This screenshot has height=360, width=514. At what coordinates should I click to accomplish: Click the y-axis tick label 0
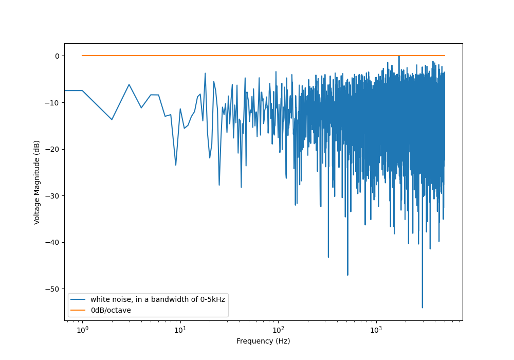click(58, 56)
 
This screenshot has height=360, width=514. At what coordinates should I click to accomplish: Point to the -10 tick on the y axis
click(53, 102)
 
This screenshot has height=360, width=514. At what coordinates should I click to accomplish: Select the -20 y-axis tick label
click(53, 149)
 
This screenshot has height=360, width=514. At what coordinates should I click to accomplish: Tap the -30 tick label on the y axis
click(53, 195)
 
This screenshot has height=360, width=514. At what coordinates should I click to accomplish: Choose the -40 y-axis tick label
click(53, 242)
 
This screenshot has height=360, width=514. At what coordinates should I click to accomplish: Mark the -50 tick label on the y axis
click(53, 289)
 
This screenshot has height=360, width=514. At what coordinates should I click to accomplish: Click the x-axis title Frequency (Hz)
click(263, 341)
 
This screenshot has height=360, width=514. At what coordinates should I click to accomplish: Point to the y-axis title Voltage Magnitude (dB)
click(37, 182)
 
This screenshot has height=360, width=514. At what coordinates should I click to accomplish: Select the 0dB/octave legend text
click(111, 310)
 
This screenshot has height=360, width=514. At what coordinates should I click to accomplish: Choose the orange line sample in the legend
click(79, 310)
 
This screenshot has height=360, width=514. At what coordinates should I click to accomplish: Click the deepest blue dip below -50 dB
click(423, 308)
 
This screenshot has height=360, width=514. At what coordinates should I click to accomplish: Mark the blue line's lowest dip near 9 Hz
click(176, 165)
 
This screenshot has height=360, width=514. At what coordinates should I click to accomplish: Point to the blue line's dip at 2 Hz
click(112, 120)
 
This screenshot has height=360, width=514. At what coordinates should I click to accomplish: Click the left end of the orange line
click(82, 56)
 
